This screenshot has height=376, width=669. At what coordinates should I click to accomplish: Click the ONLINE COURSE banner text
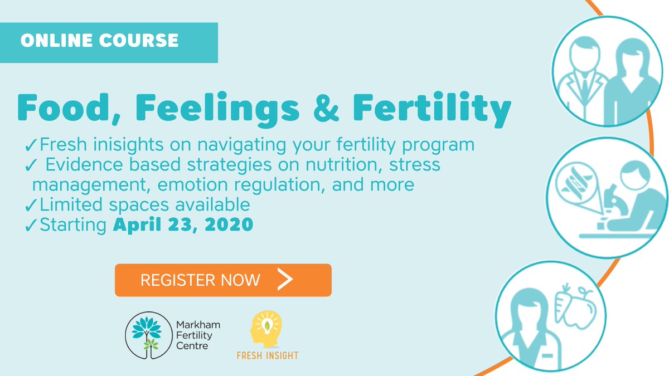click(x=99, y=40)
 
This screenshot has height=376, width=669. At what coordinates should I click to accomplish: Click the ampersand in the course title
click(x=326, y=108)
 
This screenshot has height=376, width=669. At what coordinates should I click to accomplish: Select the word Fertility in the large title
click(x=432, y=109)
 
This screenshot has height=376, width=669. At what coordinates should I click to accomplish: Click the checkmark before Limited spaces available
click(x=31, y=205)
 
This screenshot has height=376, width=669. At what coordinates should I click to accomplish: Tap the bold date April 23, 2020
click(x=183, y=224)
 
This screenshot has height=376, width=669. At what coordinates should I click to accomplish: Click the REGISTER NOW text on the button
click(x=200, y=280)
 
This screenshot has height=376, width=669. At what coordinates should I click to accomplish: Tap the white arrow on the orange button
click(x=285, y=279)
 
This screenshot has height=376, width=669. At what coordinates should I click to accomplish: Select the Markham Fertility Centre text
click(x=198, y=335)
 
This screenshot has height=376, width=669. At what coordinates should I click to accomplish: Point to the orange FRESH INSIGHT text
click(x=268, y=355)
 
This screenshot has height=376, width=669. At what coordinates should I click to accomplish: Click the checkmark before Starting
click(x=31, y=225)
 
